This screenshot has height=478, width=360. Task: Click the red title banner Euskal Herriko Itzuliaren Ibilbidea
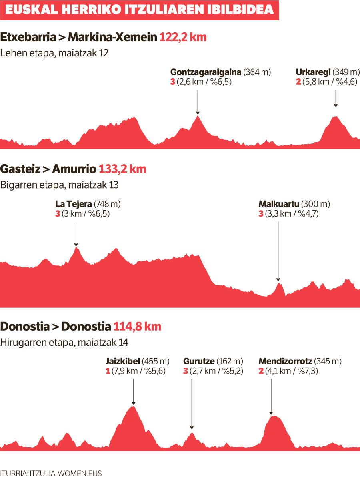coord(139,10)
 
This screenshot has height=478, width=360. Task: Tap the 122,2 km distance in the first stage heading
coord(183,37)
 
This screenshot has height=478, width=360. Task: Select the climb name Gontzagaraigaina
coord(206,72)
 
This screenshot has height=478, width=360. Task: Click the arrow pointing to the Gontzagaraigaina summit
coord(198,102)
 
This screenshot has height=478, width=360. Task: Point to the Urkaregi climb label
coord(313,72)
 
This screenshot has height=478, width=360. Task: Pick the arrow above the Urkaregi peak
coord(336,98)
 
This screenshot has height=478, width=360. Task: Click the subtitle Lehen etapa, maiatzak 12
coord(54,53)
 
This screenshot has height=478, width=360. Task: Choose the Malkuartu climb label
coord(279,204)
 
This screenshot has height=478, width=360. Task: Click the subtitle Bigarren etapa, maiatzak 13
coord(60,185)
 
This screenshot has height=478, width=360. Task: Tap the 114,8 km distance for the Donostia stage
coord(137,326)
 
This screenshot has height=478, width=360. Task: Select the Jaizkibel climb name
coord(122,361)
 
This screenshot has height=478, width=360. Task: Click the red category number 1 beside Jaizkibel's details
coord(108,371)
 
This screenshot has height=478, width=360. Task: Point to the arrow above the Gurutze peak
coord(192,404)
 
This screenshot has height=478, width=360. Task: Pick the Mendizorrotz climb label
coord(285,361)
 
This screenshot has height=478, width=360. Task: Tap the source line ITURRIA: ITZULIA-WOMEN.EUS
coord(51,473)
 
